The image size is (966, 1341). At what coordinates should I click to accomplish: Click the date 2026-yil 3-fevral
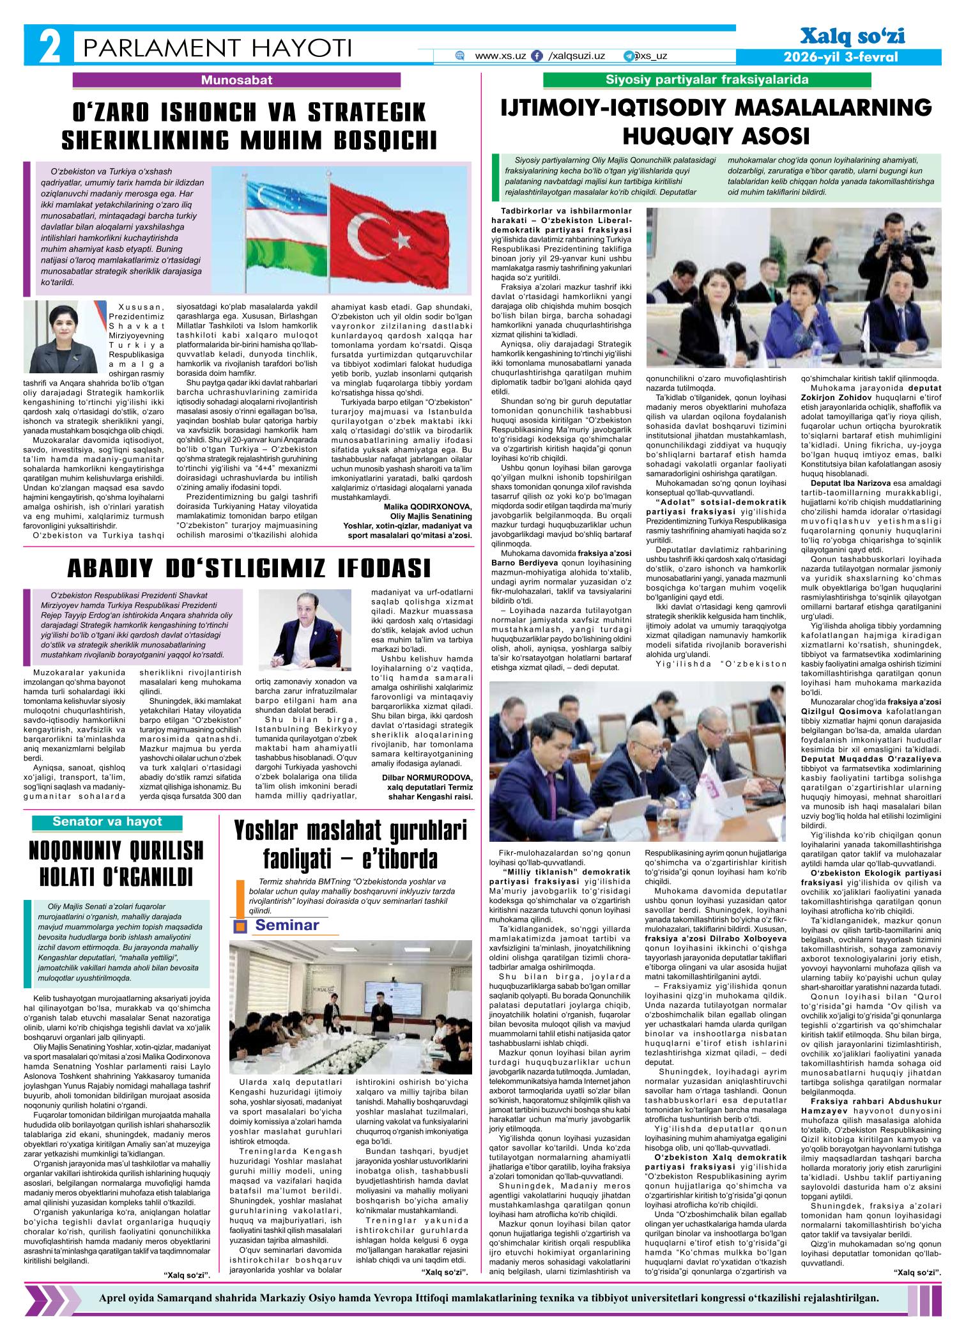(841, 57)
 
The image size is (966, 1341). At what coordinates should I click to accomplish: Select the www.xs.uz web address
(500, 56)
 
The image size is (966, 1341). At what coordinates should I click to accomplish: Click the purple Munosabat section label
(237, 81)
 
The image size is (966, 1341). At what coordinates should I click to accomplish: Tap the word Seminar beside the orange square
(287, 926)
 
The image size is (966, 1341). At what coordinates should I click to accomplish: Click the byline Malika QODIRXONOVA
(427, 507)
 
